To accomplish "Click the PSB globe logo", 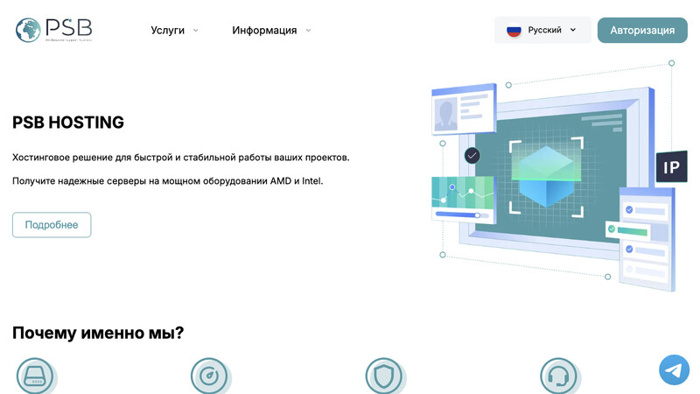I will [x=30, y=30].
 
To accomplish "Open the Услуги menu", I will [x=168, y=30].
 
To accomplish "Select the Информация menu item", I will [x=264, y=30].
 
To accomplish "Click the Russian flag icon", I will [x=514, y=30].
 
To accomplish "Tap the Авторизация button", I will [x=642, y=30].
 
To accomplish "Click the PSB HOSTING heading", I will [x=68, y=123].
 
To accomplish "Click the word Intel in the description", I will [x=312, y=181].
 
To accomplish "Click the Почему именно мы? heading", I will [x=98, y=333].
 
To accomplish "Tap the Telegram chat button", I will [x=674, y=369].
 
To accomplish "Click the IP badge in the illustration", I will [x=671, y=166].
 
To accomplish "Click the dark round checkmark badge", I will [x=472, y=155].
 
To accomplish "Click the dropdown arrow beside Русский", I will [x=573, y=30].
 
